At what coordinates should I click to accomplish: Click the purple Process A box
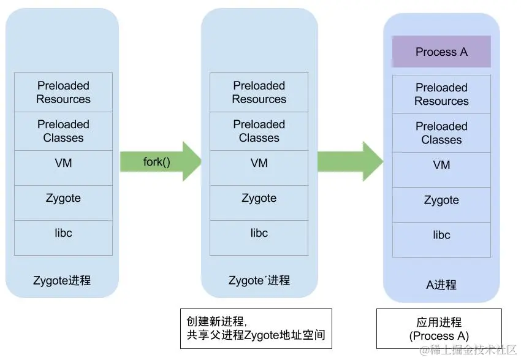click(x=441, y=52)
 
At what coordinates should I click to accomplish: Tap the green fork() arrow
click(x=161, y=161)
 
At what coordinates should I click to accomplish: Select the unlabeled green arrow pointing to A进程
click(x=351, y=161)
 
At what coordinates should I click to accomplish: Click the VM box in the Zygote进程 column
click(x=63, y=168)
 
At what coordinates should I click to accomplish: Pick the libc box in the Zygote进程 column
click(x=63, y=238)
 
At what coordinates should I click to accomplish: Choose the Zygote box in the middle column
click(x=259, y=203)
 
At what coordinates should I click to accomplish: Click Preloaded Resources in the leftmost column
click(x=63, y=93)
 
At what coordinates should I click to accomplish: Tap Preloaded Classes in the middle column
click(x=259, y=131)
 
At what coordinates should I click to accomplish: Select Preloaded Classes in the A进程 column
click(x=441, y=133)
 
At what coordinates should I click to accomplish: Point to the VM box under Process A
click(x=441, y=170)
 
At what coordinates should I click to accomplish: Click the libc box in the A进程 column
click(x=441, y=240)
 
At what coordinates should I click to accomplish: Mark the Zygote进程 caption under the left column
click(x=62, y=280)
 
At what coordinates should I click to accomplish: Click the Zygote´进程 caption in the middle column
click(x=259, y=280)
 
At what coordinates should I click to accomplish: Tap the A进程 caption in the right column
click(x=441, y=285)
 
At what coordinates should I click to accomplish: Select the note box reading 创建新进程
click(x=256, y=329)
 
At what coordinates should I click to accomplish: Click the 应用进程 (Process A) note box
click(x=439, y=329)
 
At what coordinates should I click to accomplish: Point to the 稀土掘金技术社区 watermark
click(x=468, y=350)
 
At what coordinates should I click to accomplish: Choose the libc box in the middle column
click(x=259, y=238)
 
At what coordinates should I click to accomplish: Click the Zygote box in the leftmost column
click(x=63, y=203)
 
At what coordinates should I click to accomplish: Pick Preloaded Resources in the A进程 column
click(x=441, y=94)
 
